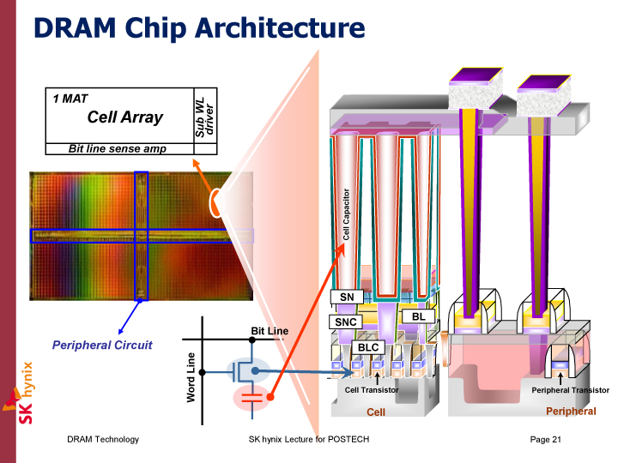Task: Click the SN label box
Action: (x=347, y=297)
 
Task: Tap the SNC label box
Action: (x=346, y=322)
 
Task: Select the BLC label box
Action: (x=368, y=347)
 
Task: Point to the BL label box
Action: (x=418, y=316)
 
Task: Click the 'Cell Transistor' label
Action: (x=372, y=390)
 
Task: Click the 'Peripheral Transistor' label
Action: (x=570, y=390)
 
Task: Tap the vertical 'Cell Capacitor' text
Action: (x=346, y=214)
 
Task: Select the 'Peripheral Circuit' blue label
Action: (x=102, y=345)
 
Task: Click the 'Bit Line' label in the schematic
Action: (x=270, y=331)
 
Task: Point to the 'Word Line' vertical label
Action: (x=191, y=377)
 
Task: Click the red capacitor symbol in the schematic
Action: (x=251, y=398)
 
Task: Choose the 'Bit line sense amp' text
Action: (x=118, y=149)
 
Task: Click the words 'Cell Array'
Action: (x=125, y=117)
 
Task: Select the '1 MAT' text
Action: (x=70, y=99)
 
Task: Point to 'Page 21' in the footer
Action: (x=546, y=439)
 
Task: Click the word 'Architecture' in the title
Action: (x=280, y=28)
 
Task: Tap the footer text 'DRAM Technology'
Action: (x=103, y=439)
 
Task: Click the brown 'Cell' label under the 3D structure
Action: (x=376, y=412)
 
